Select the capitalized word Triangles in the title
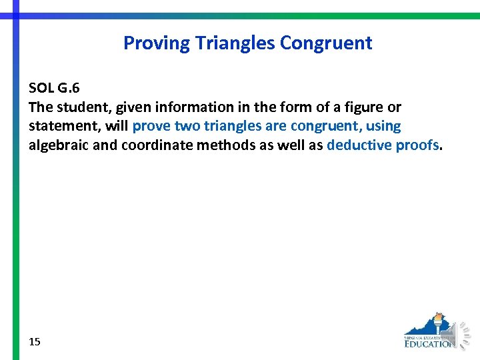click(235, 43)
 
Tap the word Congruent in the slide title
click(326, 43)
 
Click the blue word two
click(188, 126)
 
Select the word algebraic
click(58, 145)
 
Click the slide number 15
click(35, 341)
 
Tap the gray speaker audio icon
click(461, 334)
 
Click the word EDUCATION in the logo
click(429, 344)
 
